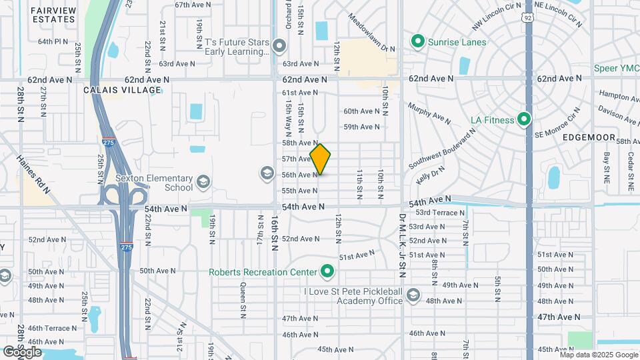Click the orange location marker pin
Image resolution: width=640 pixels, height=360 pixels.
click(x=320, y=159)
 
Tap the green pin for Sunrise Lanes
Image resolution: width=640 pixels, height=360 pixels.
click(x=418, y=42)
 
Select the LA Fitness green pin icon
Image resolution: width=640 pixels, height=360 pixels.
click(x=524, y=120)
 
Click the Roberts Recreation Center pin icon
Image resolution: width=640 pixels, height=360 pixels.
click(x=327, y=271)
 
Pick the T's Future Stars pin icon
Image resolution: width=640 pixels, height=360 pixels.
click(x=279, y=46)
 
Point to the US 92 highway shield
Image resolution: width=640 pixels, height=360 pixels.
click(x=528, y=19)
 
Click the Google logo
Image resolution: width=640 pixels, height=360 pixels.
click(x=22, y=351)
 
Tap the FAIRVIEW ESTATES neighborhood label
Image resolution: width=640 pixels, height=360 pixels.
click(x=53, y=14)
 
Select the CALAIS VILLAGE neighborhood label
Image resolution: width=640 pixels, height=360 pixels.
click(x=122, y=90)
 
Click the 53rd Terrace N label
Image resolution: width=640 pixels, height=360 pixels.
click(x=440, y=213)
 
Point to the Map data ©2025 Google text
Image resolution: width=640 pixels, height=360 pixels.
click(x=598, y=354)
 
